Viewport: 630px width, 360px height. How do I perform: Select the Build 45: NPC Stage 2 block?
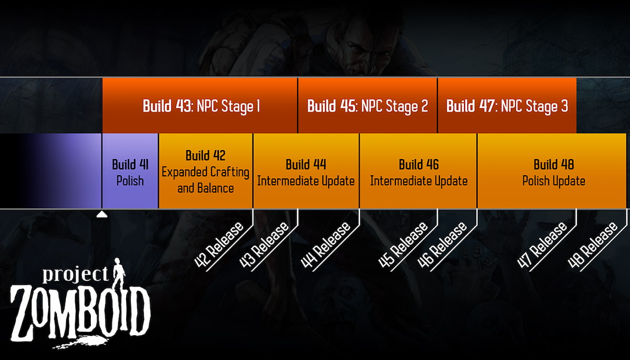[x=367, y=105]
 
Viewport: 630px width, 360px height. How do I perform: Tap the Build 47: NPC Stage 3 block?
[x=507, y=105]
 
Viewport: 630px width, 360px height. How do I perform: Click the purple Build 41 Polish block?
[x=130, y=171]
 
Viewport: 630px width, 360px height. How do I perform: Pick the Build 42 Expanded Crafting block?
[x=205, y=171]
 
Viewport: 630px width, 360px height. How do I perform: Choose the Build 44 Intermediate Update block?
[x=306, y=171]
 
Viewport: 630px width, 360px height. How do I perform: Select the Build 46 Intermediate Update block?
[x=418, y=171]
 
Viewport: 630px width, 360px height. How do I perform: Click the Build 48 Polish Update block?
[x=553, y=171]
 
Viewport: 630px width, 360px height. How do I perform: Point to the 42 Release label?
[x=219, y=245]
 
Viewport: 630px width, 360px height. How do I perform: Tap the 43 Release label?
[x=264, y=245]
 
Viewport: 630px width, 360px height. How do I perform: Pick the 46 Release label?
[x=443, y=245]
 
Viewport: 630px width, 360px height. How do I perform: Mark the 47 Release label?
[x=543, y=245]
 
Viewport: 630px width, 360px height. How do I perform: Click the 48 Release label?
[x=593, y=245]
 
